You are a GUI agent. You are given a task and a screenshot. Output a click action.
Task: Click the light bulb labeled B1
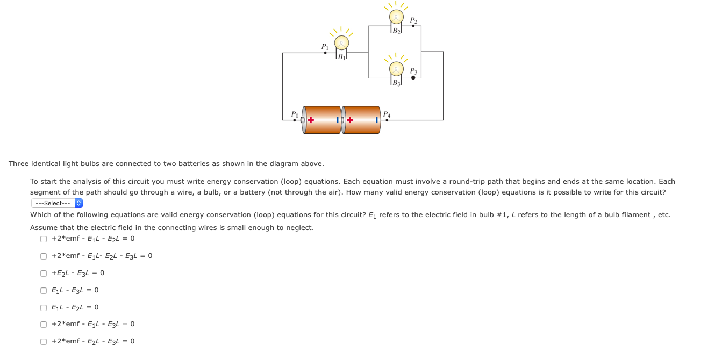pyautogui.click(x=341, y=44)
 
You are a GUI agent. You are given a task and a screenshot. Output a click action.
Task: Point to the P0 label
pyautogui.click(x=294, y=114)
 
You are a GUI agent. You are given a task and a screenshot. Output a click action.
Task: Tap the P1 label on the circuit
pyautogui.click(x=325, y=47)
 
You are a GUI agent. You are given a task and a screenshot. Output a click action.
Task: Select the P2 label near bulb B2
pyautogui.click(x=413, y=20)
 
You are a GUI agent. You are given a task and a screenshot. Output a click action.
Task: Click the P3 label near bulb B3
pyautogui.click(x=413, y=71)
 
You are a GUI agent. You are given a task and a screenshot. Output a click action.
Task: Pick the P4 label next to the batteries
pyautogui.click(x=387, y=114)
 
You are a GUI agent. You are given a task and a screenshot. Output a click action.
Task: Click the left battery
pyautogui.click(x=323, y=120)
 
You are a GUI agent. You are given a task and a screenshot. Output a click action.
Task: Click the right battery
pyautogui.click(x=361, y=120)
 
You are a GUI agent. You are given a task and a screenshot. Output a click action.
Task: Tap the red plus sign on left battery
pyautogui.click(x=311, y=120)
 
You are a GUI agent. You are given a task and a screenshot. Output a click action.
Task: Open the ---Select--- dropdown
pyautogui.click(x=57, y=203)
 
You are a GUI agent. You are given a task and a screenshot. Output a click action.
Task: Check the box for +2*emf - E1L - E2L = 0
pyautogui.click(x=44, y=239)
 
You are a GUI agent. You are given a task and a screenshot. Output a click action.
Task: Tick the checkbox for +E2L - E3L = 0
pyautogui.click(x=44, y=273)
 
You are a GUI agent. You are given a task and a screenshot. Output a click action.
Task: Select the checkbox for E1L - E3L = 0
pyautogui.click(x=44, y=291)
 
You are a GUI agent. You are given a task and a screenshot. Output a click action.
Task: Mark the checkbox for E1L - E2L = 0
pyautogui.click(x=44, y=307)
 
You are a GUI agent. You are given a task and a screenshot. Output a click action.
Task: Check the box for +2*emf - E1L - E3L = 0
pyautogui.click(x=44, y=324)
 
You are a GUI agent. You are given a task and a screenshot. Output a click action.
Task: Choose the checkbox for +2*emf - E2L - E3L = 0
pyautogui.click(x=44, y=341)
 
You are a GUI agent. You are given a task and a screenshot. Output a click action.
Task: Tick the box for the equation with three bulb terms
pyautogui.click(x=44, y=256)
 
